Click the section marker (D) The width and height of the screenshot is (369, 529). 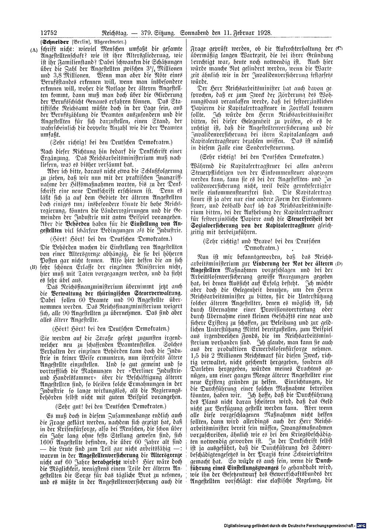[339, 264]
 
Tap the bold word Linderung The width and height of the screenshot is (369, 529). [267, 264]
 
